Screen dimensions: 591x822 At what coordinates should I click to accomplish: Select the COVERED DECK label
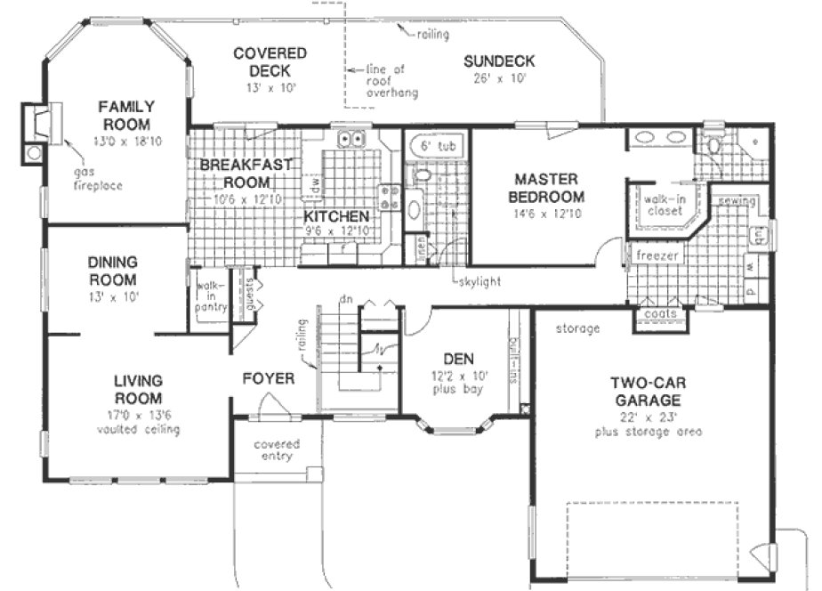pos(270,62)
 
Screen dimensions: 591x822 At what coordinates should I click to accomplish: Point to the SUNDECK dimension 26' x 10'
pos(499,78)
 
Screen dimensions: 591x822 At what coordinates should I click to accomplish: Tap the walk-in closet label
pos(663,206)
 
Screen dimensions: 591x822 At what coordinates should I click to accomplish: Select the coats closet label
pos(659,314)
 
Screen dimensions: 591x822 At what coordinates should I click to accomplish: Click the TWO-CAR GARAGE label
pos(647,392)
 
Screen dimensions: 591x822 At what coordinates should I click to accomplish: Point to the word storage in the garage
pos(578,328)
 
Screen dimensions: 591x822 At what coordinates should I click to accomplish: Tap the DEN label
pos(457,360)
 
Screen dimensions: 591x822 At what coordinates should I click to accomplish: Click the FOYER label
pos(269,379)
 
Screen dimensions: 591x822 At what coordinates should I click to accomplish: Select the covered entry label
pos(276,450)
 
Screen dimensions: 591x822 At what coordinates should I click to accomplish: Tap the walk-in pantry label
pos(210,295)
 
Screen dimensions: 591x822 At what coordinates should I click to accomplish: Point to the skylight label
pos(477,281)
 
